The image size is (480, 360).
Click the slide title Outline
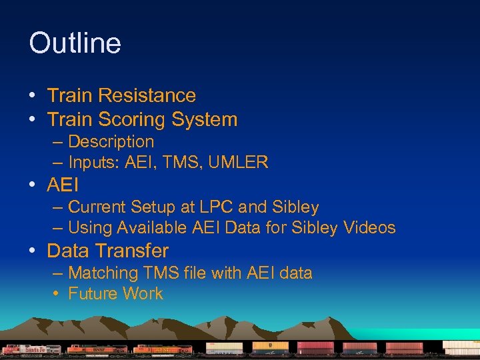[75, 43]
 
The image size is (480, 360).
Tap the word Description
[111, 142]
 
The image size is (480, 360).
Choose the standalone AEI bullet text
[62, 185]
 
